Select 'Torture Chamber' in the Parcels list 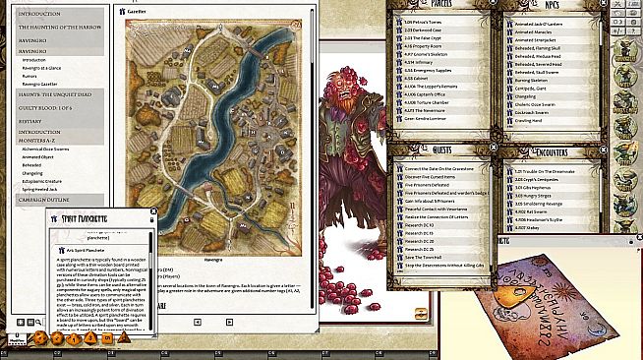pos(427,101)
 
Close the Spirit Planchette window pos(154,212)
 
